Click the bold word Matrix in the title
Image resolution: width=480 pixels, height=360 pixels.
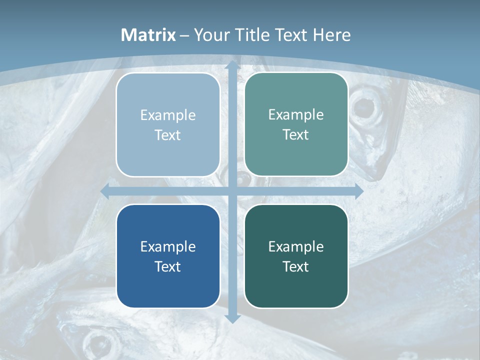click(x=148, y=35)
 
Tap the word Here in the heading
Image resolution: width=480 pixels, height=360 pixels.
click(x=332, y=35)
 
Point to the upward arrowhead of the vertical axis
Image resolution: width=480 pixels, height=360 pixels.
click(x=232, y=65)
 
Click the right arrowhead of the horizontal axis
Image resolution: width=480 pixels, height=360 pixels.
click(x=358, y=191)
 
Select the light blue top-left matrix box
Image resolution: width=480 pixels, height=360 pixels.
click(x=168, y=124)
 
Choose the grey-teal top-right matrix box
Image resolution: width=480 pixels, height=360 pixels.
click(x=296, y=124)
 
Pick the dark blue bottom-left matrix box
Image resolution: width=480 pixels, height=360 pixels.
click(x=168, y=256)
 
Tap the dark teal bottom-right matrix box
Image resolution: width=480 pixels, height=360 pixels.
click(x=296, y=256)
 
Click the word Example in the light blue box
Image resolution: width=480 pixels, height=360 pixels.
click(x=168, y=115)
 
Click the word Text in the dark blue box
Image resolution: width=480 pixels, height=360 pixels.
click(x=168, y=266)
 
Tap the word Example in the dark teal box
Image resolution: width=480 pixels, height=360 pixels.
click(x=296, y=246)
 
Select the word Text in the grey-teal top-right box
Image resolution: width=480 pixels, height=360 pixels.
click(x=296, y=134)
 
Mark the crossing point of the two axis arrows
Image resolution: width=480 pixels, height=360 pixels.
click(x=232, y=191)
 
